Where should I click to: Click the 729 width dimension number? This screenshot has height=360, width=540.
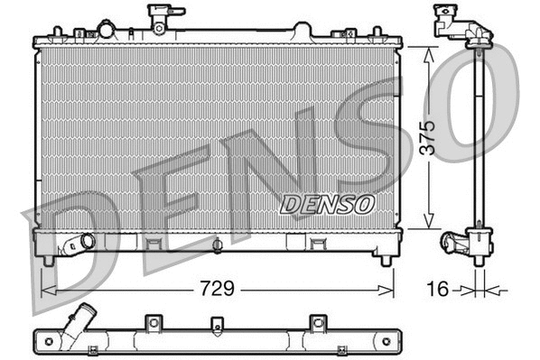(x=216, y=290)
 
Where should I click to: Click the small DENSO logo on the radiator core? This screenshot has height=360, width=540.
(x=327, y=204)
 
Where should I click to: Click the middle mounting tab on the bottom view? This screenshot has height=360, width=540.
(x=216, y=324)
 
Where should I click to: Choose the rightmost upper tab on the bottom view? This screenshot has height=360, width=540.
(x=316, y=322)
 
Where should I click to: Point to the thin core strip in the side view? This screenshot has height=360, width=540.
(x=478, y=135)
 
